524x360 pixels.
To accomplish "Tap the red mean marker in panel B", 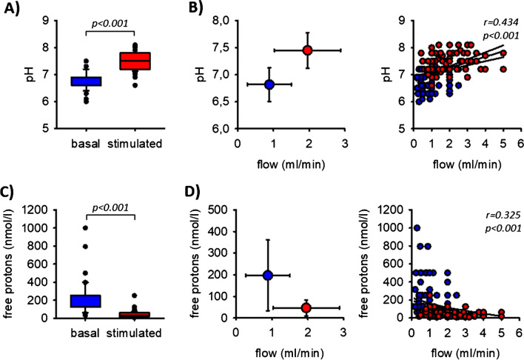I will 308,50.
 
